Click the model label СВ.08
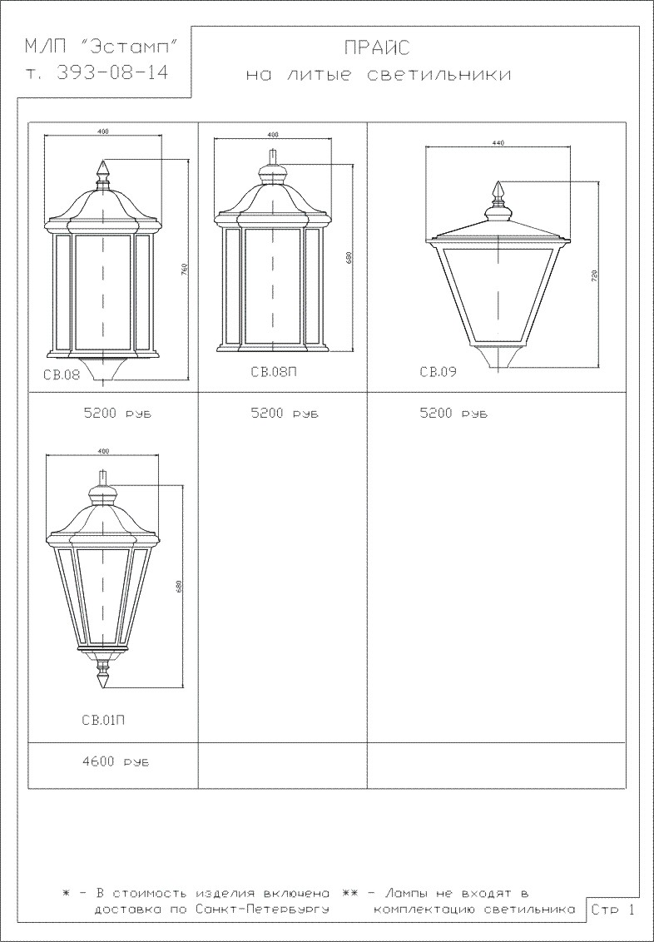click(x=62, y=375)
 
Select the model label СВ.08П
click(x=274, y=372)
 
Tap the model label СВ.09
click(x=438, y=372)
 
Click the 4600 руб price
click(x=116, y=762)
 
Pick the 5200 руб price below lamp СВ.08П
click(x=285, y=414)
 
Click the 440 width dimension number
click(x=498, y=142)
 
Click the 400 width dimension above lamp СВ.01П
click(x=102, y=450)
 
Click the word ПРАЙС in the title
click(x=378, y=47)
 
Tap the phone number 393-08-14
click(x=111, y=72)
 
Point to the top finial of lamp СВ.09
click(x=498, y=191)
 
